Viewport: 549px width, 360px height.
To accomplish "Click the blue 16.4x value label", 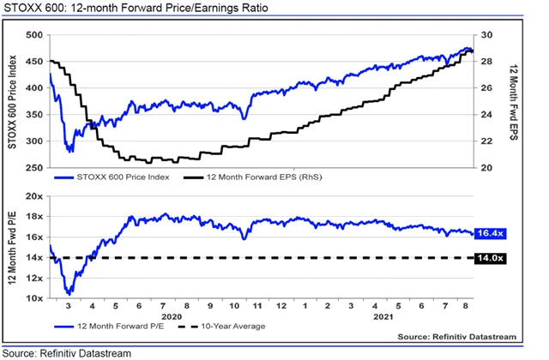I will [x=492, y=233].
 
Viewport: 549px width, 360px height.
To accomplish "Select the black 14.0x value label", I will [x=492, y=258].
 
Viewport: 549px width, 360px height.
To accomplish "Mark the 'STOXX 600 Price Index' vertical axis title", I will [x=12, y=101].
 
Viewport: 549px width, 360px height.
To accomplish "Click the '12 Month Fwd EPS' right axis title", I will [x=511, y=101].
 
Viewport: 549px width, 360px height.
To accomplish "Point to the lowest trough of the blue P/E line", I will [x=69, y=293].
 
